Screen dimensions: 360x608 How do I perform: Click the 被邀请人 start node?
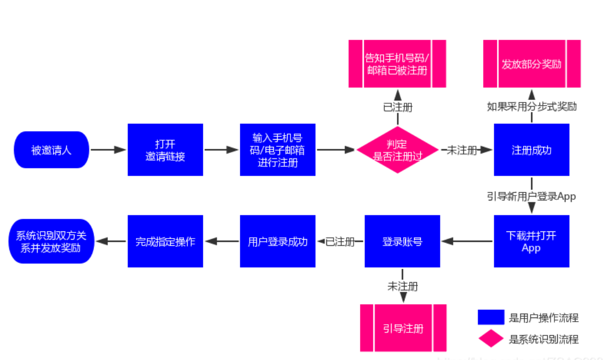point(51,150)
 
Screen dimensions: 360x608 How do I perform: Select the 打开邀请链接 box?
point(165,150)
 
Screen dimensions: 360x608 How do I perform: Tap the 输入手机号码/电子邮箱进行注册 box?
point(277,150)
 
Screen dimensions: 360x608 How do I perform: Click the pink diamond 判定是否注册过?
point(397,150)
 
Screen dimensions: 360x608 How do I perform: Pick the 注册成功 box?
point(531,150)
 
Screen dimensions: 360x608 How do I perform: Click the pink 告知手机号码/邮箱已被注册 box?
point(397,63)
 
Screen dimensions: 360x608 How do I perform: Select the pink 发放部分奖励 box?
point(531,63)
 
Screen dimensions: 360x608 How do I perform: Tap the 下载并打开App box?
point(531,241)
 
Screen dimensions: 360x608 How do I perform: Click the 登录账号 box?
point(402,241)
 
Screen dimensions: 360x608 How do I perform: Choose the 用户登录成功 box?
point(277,241)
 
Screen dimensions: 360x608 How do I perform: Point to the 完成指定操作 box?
point(165,241)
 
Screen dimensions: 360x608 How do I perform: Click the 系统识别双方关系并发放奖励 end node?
point(51,241)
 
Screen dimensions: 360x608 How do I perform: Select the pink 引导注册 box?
point(403,328)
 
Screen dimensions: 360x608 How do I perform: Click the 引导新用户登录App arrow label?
point(531,195)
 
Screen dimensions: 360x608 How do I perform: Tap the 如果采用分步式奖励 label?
point(531,106)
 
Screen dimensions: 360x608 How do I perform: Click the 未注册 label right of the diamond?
point(462,150)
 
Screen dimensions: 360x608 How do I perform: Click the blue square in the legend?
point(490,317)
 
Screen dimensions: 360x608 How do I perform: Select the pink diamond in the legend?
point(490,338)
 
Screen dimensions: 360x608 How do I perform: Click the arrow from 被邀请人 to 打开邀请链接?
point(108,150)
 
